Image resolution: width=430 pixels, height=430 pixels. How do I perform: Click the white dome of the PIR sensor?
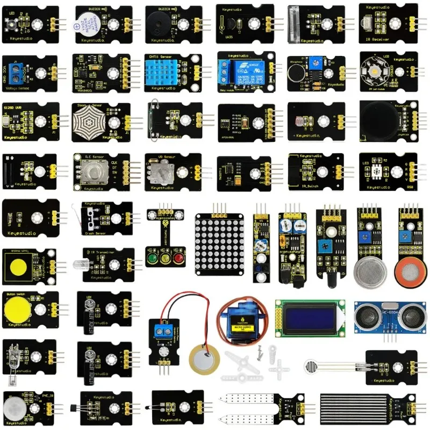pos(15,404)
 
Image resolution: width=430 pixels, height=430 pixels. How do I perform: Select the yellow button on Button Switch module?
pos(17,309)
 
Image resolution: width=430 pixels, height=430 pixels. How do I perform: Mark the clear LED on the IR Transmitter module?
pos(76,264)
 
